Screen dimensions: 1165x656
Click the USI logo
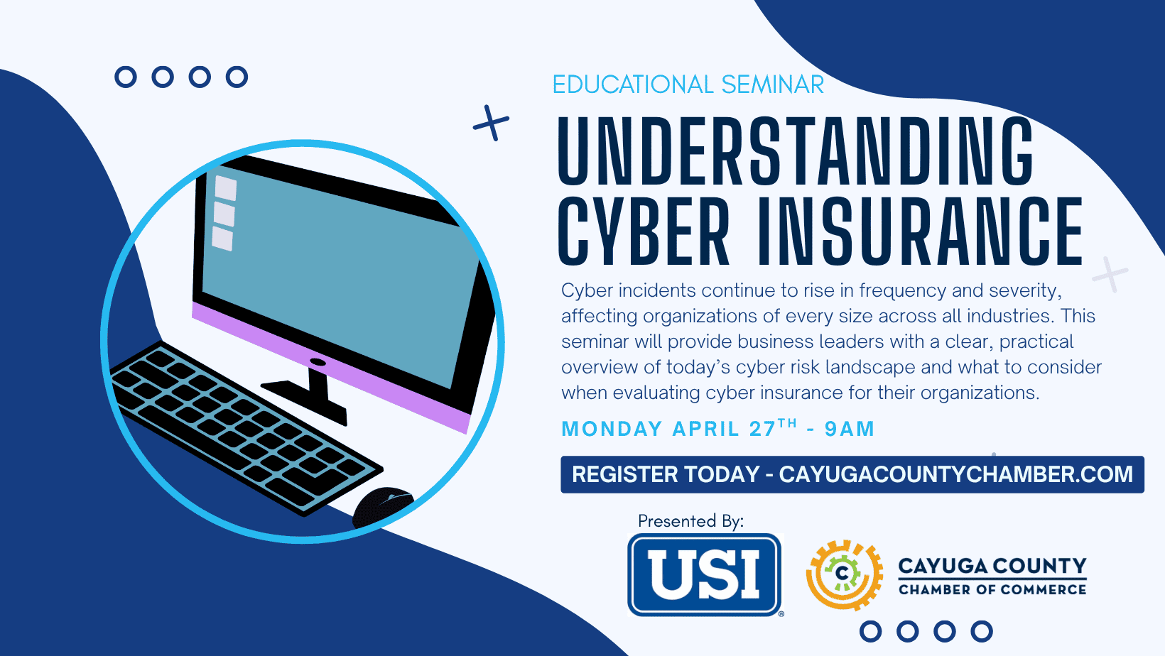(x=705, y=575)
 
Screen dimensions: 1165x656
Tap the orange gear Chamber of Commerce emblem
(x=844, y=574)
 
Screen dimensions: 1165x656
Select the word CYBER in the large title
(x=644, y=231)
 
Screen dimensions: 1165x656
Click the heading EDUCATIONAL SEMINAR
(x=688, y=84)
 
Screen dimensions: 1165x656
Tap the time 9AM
(x=850, y=429)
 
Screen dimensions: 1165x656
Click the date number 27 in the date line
(x=762, y=429)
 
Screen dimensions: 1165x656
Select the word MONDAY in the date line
(x=612, y=429)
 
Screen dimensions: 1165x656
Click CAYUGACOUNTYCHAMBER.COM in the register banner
(x=956, y=474)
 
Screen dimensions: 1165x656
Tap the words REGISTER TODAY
(x=666, y=474)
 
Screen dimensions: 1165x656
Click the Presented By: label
(x=690, y=521)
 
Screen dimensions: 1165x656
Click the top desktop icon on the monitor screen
(x=226, y=187)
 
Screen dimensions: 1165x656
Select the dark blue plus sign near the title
(x=491, y=124)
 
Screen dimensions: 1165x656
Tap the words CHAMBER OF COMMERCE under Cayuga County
(x=992, y=589)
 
